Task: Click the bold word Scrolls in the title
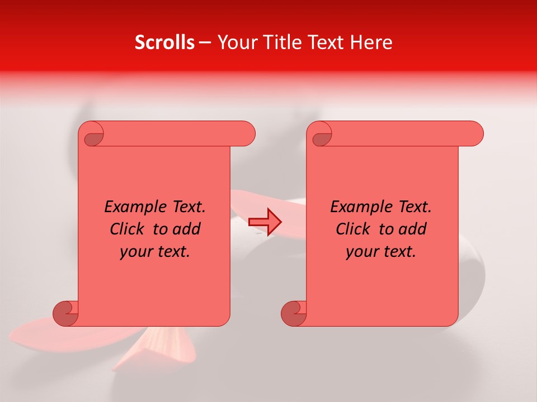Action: coord(165,42)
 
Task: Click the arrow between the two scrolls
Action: coord(265,222)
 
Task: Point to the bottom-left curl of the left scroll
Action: coord(65,313)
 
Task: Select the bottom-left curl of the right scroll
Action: coord(294,313)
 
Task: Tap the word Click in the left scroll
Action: coord(129,229)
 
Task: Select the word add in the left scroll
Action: coord(187,229)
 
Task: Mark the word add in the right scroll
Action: coord(413,229)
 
